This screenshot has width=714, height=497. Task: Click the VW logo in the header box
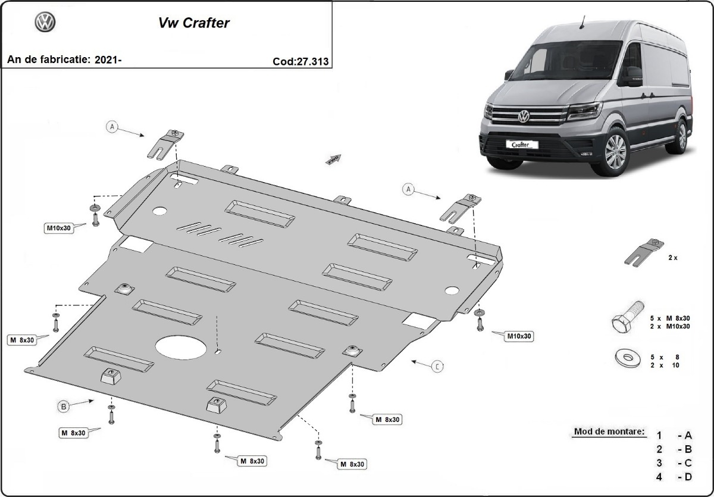pyautogui.click(x=45, y=23)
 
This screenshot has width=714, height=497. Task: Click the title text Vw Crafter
pyautogui.click(x=193, y=23)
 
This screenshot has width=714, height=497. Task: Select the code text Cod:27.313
pyautogui.click(x=300, y=61)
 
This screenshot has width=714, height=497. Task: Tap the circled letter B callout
pyautogui.click(x=63, y=406)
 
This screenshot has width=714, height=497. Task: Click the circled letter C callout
pyautogui.click(x=437, y=366)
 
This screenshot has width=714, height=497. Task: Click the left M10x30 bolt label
pyautogui.click(x=60, y=228)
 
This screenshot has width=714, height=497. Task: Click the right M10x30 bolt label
pyautogui.click(x=518, y=336)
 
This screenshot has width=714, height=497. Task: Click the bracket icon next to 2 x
pyautogui.click(x=644, y=252)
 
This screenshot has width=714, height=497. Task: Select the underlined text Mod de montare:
pyautogui.click(x=609, y=431)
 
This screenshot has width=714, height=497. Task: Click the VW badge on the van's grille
pyautogui.click(x=523, y=116)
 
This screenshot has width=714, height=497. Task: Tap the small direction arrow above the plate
pyautogui.click(x=333, y=158)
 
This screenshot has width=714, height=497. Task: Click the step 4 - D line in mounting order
pyautogui.click(x=674, y=476)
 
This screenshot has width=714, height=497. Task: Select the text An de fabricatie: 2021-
pyautogui.click(x=64, y=60)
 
